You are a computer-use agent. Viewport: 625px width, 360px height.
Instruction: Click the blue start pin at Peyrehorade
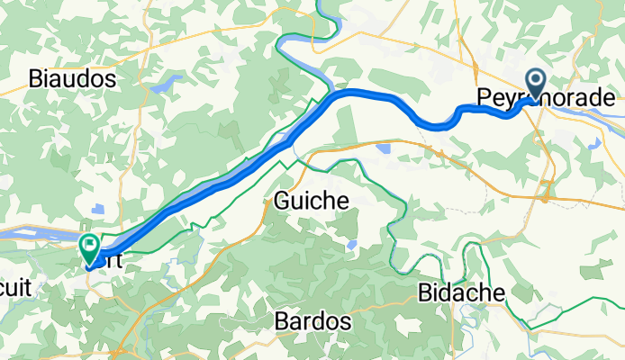536,85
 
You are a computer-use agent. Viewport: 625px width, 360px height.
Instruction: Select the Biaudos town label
72,78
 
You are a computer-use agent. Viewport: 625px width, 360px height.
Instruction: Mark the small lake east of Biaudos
167,87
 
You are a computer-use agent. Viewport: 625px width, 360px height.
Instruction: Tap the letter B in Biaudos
35,78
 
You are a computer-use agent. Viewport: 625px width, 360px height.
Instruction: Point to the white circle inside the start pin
536,80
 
